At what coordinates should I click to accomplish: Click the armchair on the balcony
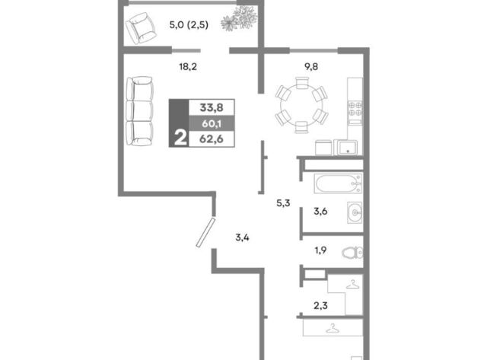coord(141,28)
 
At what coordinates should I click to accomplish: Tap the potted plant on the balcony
coord(239,18)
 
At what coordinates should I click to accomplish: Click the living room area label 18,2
coord(188,66)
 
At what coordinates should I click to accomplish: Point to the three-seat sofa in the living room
coord(140,111)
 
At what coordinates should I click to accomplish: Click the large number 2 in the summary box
coord(180,137)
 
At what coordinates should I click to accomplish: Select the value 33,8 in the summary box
coord(212,107)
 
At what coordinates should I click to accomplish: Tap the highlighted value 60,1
coord(212,123)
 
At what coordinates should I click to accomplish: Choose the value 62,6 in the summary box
coord(212,139)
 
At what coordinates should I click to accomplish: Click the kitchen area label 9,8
coord(311,66)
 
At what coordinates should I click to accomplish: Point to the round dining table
coord(301,105)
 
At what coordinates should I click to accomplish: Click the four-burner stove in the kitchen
coord(355,109)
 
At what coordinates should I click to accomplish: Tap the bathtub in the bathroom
coord(338,183)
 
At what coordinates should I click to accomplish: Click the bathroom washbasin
coord(355,212)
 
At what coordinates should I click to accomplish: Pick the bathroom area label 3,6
coord(320,212)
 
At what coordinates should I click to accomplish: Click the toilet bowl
coord(352,252)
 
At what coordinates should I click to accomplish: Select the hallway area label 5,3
coord(283,203)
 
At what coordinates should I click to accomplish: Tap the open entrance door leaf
coord(205,232)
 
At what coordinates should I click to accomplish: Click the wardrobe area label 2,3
coord(320,306)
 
